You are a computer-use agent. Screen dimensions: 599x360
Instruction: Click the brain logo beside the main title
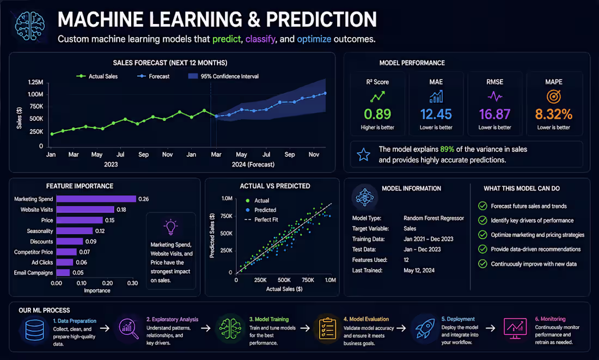coord(30,26)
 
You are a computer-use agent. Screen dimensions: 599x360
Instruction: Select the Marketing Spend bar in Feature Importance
coord(96,199)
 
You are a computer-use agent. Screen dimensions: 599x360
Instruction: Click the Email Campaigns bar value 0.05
coord(78,272)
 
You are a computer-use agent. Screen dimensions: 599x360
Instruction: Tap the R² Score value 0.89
coord(377,114)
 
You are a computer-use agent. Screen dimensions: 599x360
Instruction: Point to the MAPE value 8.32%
coord(554,114)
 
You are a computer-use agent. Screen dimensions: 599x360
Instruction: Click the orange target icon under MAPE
coord(554,96)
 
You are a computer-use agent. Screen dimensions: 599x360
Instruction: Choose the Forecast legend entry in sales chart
coord(154,76)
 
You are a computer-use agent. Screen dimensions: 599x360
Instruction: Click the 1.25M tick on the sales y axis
coord(35,82)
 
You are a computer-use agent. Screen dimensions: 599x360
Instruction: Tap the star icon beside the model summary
coord(363,154)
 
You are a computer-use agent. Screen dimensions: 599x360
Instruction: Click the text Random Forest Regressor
coord(433,218)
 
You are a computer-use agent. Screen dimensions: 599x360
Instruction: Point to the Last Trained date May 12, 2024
coord(419,270)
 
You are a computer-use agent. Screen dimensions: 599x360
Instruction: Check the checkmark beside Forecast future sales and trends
coord(482,206)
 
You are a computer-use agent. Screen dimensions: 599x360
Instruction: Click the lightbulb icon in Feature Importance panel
coord(170,227)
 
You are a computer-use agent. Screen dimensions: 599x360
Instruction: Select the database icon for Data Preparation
coord(34,330)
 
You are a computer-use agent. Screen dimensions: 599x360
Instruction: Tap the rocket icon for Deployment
coord(424,328)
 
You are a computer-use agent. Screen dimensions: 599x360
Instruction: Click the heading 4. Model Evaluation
coord(366,319)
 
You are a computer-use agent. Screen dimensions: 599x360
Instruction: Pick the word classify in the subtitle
coord(260,39)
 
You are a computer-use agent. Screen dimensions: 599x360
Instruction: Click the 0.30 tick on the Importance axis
coord(132,283)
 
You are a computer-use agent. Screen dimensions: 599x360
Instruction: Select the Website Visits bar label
coord(36,210)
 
